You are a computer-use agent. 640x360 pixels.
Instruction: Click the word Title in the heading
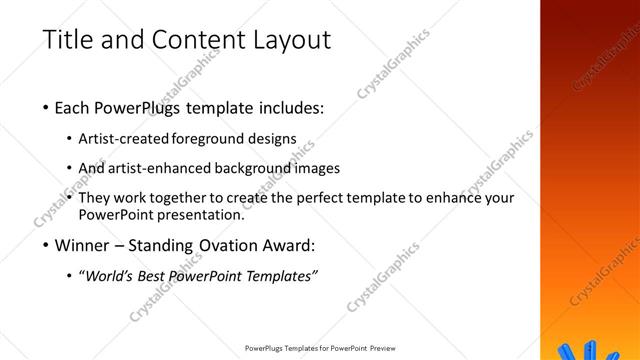71,40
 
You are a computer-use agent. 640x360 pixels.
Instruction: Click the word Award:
287,244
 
